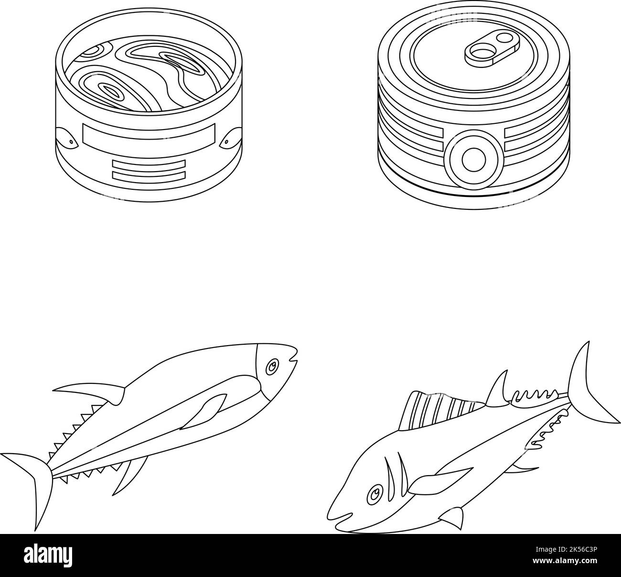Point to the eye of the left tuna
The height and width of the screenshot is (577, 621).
272,366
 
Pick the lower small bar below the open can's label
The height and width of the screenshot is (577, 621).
149,175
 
